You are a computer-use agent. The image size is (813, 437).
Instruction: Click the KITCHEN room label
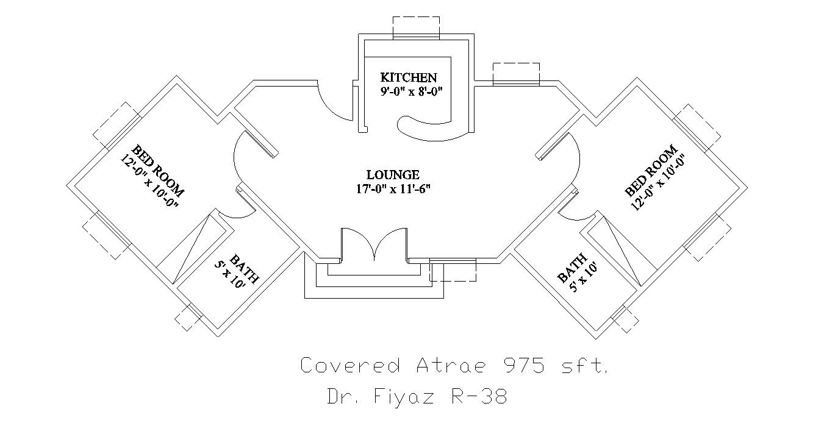408,77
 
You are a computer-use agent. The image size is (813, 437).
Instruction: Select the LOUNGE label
393,175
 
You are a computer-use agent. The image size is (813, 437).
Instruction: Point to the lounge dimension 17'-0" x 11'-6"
393,188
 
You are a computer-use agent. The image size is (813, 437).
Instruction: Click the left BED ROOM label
158,169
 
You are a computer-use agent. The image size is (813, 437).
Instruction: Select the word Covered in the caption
350,366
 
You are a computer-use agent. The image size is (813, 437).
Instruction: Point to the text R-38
478,397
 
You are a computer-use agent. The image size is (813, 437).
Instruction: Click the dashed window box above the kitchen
416,27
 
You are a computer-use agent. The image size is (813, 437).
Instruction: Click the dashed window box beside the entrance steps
453,269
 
